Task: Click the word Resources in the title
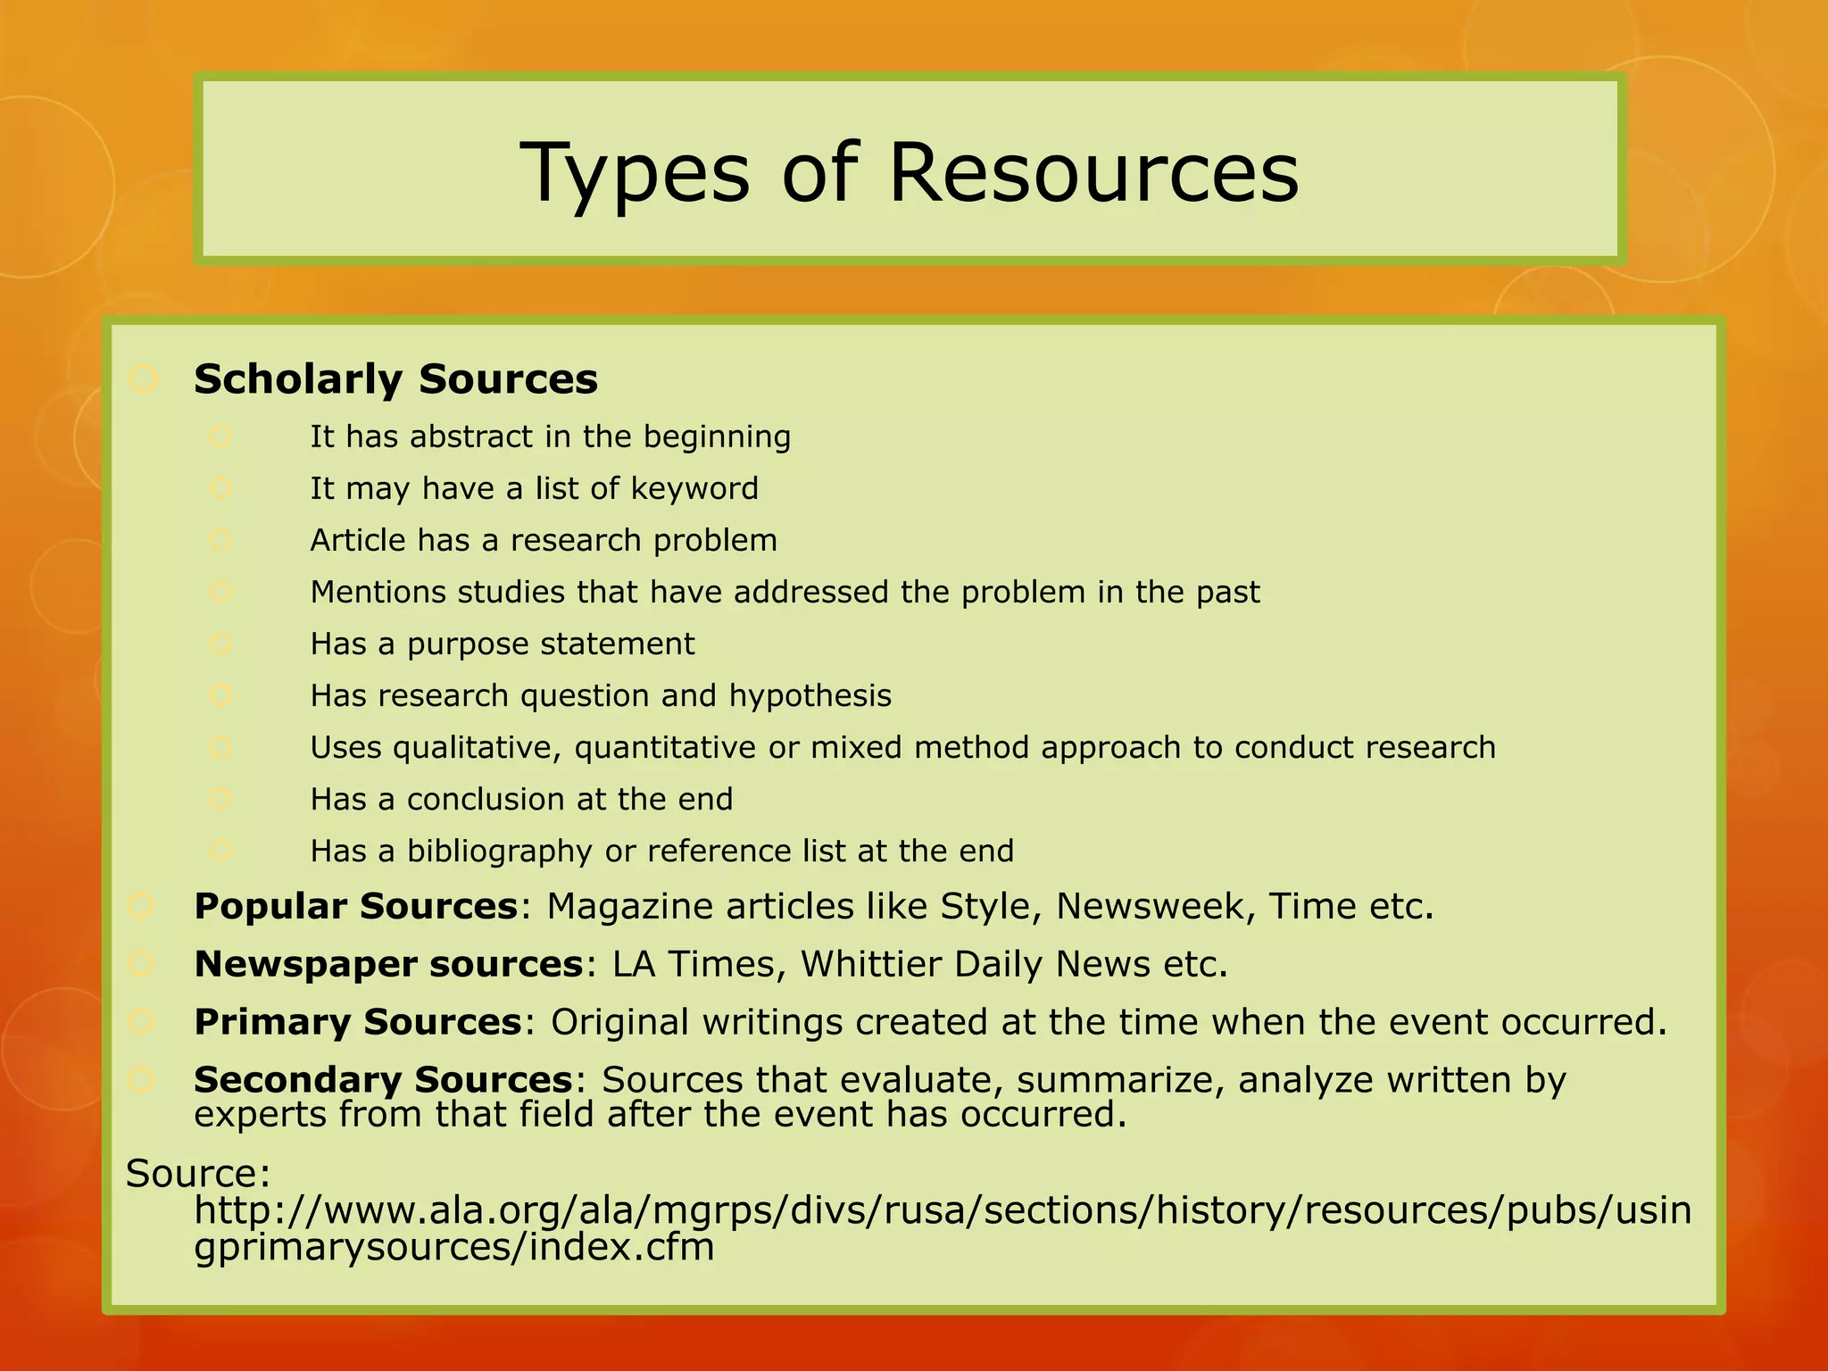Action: pyautogui.click(x=1093, y=172)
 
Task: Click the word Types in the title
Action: pyautogui.click(x=636, y=174)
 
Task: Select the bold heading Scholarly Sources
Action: pyautogui.click(x=395, y=379)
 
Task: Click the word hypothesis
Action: pyautogui.click(x=810, y=696)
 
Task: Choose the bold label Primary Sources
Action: pyautogui.click(x=357, y=1023)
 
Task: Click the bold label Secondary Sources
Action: pyautogui.click(x=383, y=1081)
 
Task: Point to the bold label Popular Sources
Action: pyautogui.click(x=356, y=907)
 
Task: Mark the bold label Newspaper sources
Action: pyautogui.click(x=388, y=965)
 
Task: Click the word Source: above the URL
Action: pyautogui.click(x=198, y=1174)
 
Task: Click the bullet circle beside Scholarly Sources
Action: pyautogui.click(x=143, y=379)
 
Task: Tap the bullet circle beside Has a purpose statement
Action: pyautogui.click(x=221, y=644)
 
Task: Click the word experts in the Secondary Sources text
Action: pyautogui.click(x=261, y=1115)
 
